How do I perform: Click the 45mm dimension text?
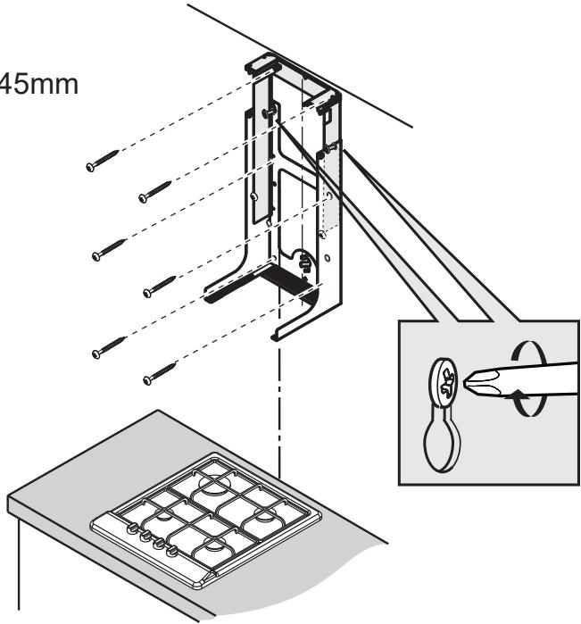pos(39,85)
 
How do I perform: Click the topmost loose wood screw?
pos(103,161)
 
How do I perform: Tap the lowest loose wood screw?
pos(160,374)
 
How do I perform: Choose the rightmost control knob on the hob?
pos(172,550)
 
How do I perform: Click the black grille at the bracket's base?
pos(287,278)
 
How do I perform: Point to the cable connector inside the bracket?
pos(305,262)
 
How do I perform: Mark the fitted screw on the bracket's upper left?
pos(268,112)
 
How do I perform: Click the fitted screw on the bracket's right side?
pos(330,148)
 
